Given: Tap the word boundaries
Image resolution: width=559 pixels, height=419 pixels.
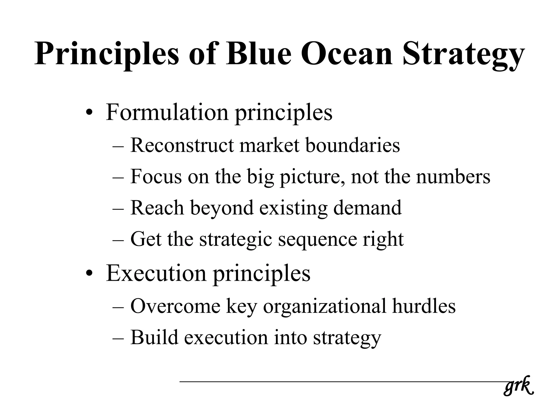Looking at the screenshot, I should click(x=352, y=145).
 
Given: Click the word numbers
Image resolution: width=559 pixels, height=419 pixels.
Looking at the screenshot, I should click(x=453, y=177).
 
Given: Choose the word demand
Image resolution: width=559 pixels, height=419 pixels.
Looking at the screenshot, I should click(x=367, y=208).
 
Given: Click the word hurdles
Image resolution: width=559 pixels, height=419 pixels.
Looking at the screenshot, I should click(x=424, y=306).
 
